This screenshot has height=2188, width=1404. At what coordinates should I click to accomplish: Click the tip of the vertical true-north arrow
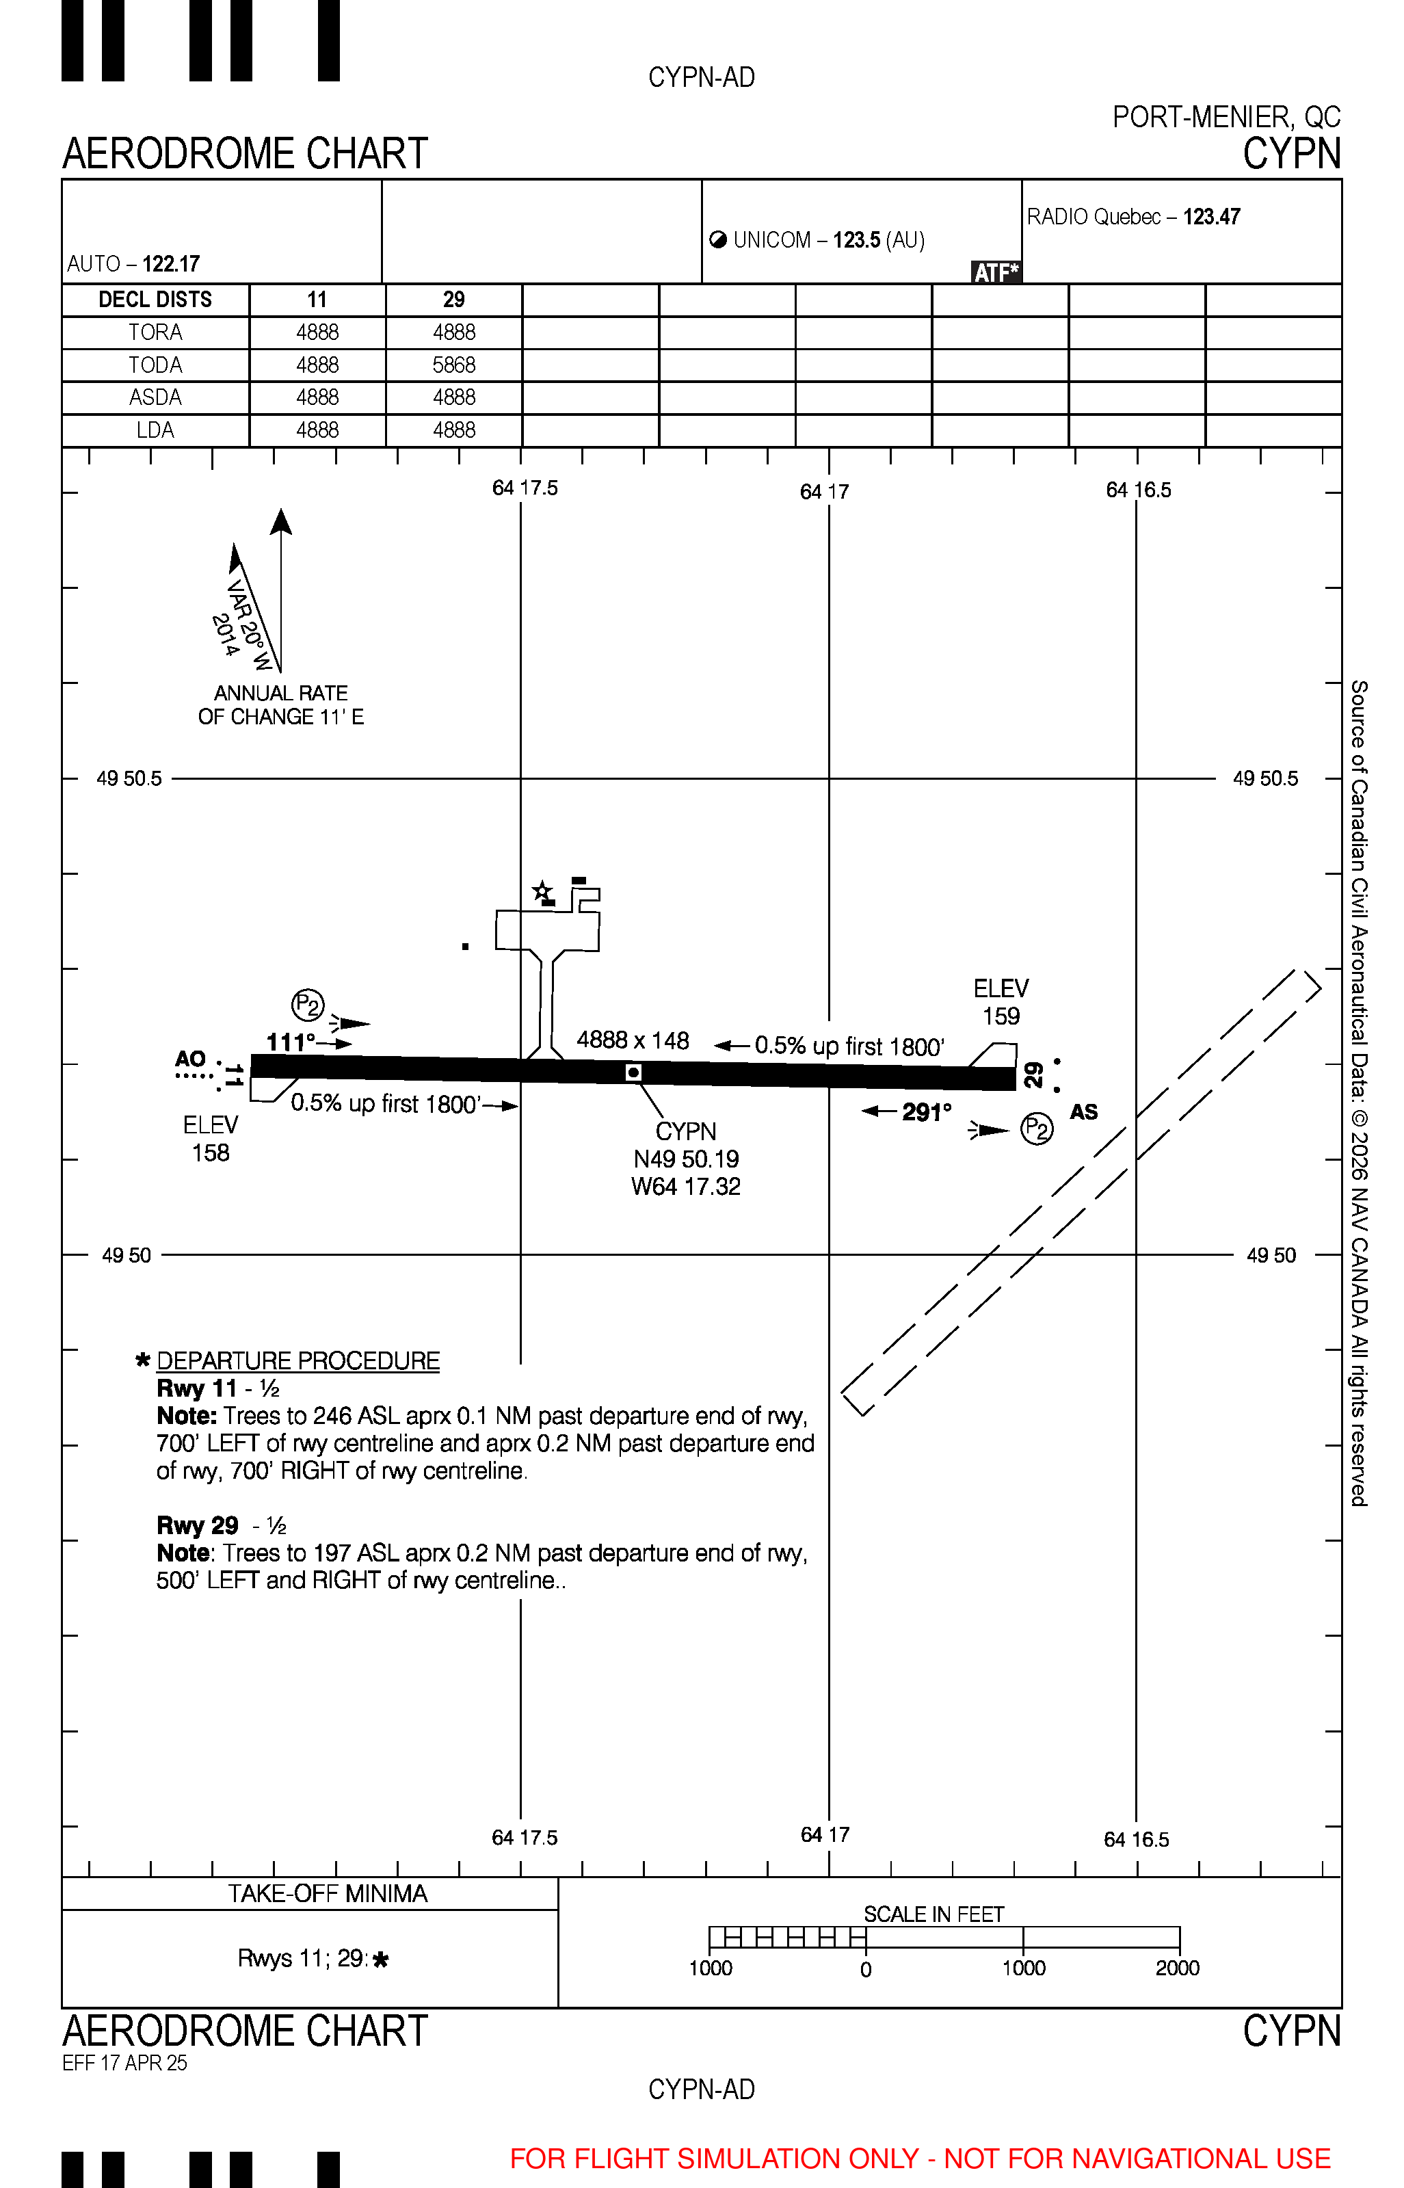(x=281, y=509)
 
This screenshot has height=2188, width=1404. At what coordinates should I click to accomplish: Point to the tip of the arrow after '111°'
(x=352, y=1043)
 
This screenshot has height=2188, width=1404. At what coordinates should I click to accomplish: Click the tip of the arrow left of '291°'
(x=862, y=1110)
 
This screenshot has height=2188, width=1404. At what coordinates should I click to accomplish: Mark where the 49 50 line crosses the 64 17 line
(x=829, y=1254)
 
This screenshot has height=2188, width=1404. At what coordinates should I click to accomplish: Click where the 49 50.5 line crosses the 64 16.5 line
(x=1136, y=778)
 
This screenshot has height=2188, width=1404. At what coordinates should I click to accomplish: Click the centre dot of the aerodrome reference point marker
(x=634, y=1072)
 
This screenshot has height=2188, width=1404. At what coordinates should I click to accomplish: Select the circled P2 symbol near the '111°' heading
(x=308, y=1005)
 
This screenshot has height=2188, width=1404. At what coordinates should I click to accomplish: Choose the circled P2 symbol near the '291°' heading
(x=1037, y=1129)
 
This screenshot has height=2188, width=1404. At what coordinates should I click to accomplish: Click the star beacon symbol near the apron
(x=542, y=891)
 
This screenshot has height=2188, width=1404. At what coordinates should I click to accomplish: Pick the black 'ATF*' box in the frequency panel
(x=996, y=272)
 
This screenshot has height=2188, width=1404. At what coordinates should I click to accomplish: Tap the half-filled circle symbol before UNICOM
(x=718, y=240)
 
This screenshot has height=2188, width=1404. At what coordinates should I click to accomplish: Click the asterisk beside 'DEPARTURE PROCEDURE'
(x=142, y=1360)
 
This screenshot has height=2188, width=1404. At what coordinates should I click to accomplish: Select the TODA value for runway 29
(x=454, y=365)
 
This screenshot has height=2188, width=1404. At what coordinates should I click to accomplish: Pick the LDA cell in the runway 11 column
(x=317, y=430)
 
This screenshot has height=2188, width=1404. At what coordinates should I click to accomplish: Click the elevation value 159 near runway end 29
(x=1001, y=1016)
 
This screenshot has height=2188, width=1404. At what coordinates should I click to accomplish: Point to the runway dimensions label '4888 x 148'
(x=633, y=1040)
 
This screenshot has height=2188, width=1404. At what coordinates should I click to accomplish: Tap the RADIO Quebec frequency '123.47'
(x=1212, y=217)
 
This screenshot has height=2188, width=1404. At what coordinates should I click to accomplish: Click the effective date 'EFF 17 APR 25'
(x=125, y=2062)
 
